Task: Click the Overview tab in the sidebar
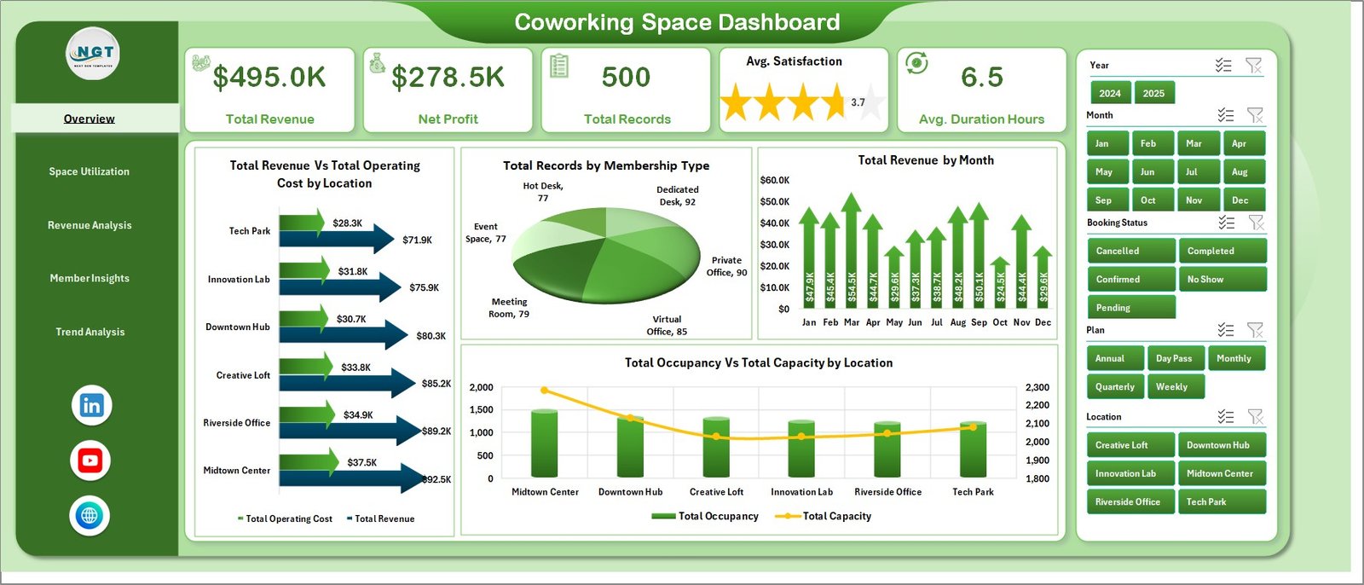coord(90,119)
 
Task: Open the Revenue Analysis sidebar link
coord(90,225)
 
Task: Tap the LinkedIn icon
coord(91,405)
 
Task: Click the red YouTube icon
coord(90,460)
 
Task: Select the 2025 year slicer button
coord(1153,93)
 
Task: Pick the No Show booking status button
coord(1221,279)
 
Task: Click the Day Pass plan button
coord(1174,358)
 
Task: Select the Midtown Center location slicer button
coord(1221,473)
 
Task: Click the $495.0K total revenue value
coord(269,78)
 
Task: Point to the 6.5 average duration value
coord(982,78)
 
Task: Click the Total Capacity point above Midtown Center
coord(545,391)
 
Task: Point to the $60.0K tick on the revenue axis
coord(774,181)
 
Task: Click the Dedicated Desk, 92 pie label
coord(678,196)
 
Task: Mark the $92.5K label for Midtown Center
coord(437,479)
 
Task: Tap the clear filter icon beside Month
coord(1255,115)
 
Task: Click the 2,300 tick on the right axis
coord(1037,387)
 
